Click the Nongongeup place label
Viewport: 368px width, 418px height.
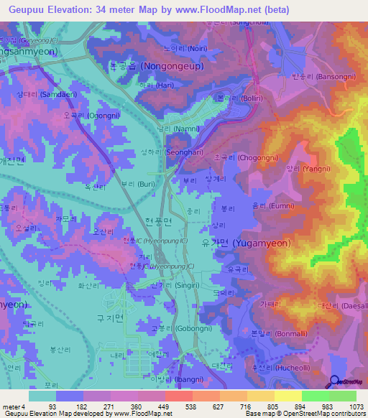tap(159, 65)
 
